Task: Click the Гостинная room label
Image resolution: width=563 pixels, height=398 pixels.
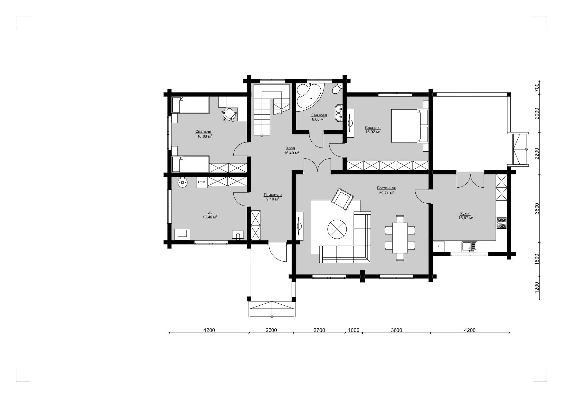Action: pyautogui.click(x=386, y=188)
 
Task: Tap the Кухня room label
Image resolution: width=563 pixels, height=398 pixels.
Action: pyautogui.click(x=465, y=213)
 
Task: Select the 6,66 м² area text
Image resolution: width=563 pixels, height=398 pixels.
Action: pyautogui.click(x=318, y=119)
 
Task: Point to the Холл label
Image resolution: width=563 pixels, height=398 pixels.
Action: pyautogui.click(x=290, y=148)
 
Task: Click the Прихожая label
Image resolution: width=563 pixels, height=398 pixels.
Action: pyautogui.click(x=273, y=195)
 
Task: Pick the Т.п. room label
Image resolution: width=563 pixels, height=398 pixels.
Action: pyautogui.click(x=209, y=212)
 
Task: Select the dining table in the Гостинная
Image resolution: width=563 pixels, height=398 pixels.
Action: pyautogui.click(x=400, y=238)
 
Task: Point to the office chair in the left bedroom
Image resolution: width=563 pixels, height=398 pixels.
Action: pyautogui.click(x=228, y=114)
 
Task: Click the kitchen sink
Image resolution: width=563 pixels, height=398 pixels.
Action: pyautogui.click(x=469, y=247)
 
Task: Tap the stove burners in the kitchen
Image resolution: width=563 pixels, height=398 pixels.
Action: pyautogui.click(x=502, y=223)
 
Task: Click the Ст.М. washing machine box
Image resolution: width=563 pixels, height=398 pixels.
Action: pyautogui.click(x=202, y=182)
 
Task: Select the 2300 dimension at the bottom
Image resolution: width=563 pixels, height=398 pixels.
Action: pyautogui.click(x=271, y=330)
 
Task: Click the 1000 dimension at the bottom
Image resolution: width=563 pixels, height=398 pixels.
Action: pyautogui.click(x=354, y=330)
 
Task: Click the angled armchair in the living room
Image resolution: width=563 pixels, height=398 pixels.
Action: pyautogui.click(x=342, y=199)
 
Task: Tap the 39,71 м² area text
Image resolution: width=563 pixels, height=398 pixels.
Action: pyautogui.click(x=386, y=193)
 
